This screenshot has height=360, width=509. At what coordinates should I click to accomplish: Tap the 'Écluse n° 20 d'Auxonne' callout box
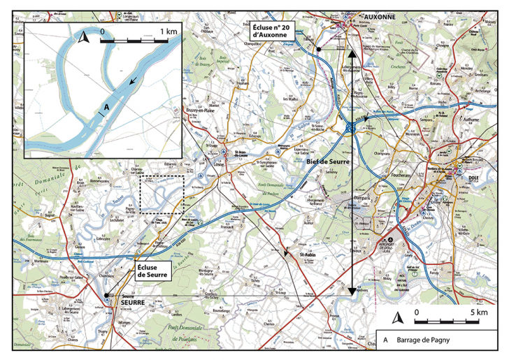[273, 31]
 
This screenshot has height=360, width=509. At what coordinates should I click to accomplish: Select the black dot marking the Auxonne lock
[318, 50]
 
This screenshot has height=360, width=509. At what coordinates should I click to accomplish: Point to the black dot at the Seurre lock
[107, 300]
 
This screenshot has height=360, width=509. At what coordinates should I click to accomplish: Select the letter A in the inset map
[106, 106]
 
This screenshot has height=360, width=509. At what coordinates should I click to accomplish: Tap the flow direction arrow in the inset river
[133, 82]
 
